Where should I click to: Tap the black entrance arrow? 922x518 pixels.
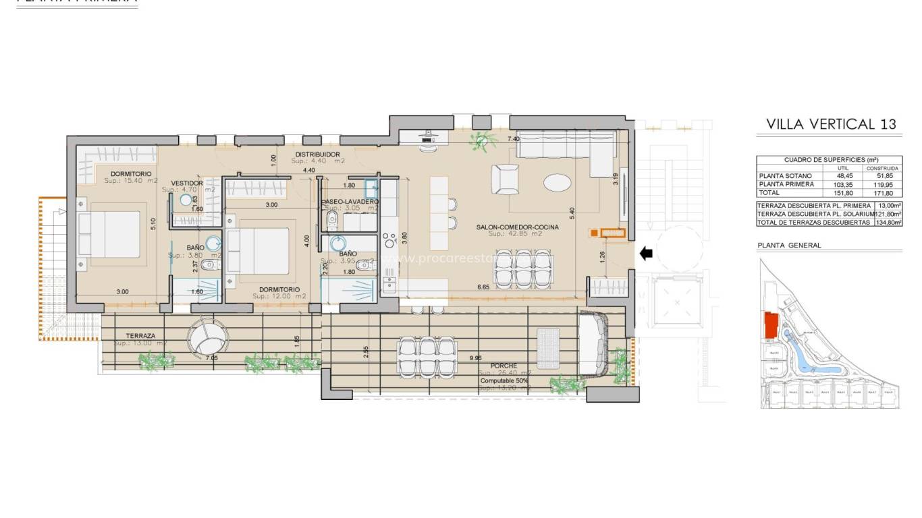pos(646,254)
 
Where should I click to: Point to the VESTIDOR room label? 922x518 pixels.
pos(188,183)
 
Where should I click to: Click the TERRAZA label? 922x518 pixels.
pos(140,335)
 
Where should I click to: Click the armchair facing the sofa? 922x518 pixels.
pos(505,180)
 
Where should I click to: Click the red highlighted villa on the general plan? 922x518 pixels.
pos(770,326)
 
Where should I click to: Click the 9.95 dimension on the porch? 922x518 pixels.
pos(475,358)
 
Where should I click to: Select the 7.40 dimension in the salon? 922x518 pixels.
pos(514,138)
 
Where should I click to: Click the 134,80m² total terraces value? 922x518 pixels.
pos(888,222)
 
